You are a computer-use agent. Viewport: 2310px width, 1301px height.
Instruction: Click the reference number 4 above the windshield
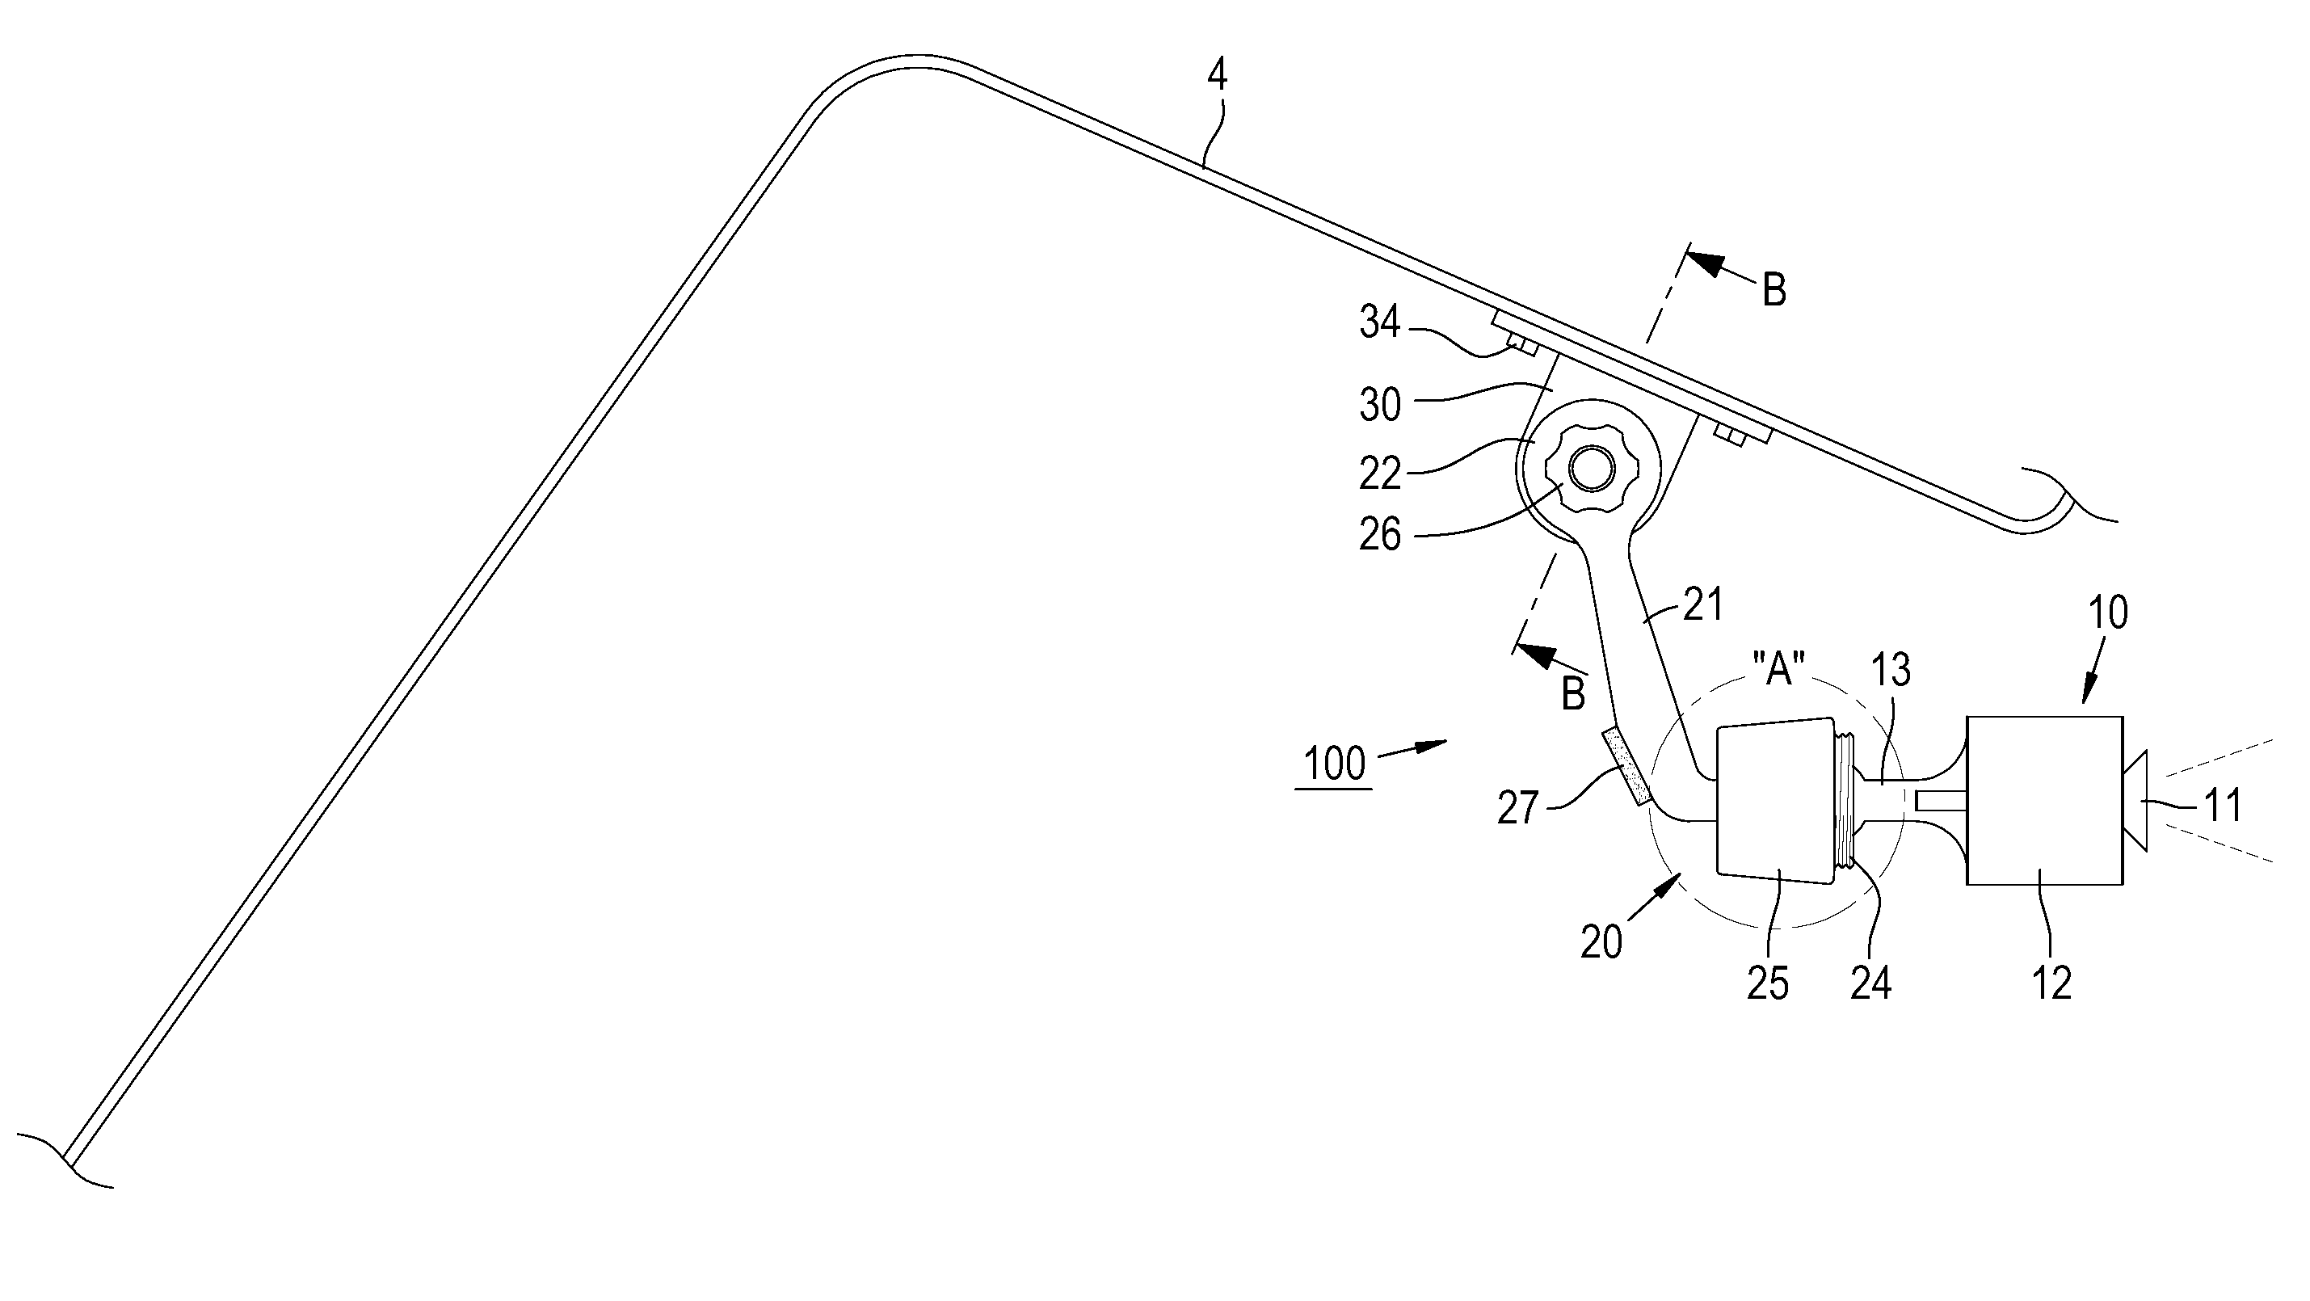click(x=1216, y=75)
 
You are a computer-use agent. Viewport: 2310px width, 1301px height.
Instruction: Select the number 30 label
click(x=1380, y=406)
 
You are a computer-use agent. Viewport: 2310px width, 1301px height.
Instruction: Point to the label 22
click(x=1379, y=474)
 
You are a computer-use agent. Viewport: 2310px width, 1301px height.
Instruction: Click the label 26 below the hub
click(x=1379, y=534)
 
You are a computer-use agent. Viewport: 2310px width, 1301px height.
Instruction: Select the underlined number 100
click(x=1333, y=764)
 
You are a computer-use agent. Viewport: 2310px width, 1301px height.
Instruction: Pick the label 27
click(x=1518, y=809)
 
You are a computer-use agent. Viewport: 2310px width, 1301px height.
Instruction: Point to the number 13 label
click(x=1891, y=671)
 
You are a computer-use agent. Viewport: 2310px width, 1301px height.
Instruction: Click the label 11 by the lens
click(x=2222, y=805)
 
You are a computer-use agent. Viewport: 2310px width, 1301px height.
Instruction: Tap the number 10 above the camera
click(x=2108, y=614)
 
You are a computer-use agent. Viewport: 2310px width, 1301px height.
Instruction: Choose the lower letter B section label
click(x=1573, y=695)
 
